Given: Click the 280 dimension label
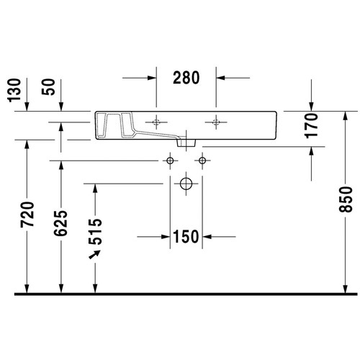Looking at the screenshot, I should (x=186, y=77).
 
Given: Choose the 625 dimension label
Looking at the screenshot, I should (x=60, y=224).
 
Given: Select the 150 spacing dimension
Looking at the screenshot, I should (x=185, y=235).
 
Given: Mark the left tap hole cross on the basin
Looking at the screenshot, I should (x=156, y=119).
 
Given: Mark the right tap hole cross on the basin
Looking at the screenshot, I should (x=216, y=119).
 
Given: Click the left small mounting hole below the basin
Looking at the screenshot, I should (x=170, y=158).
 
